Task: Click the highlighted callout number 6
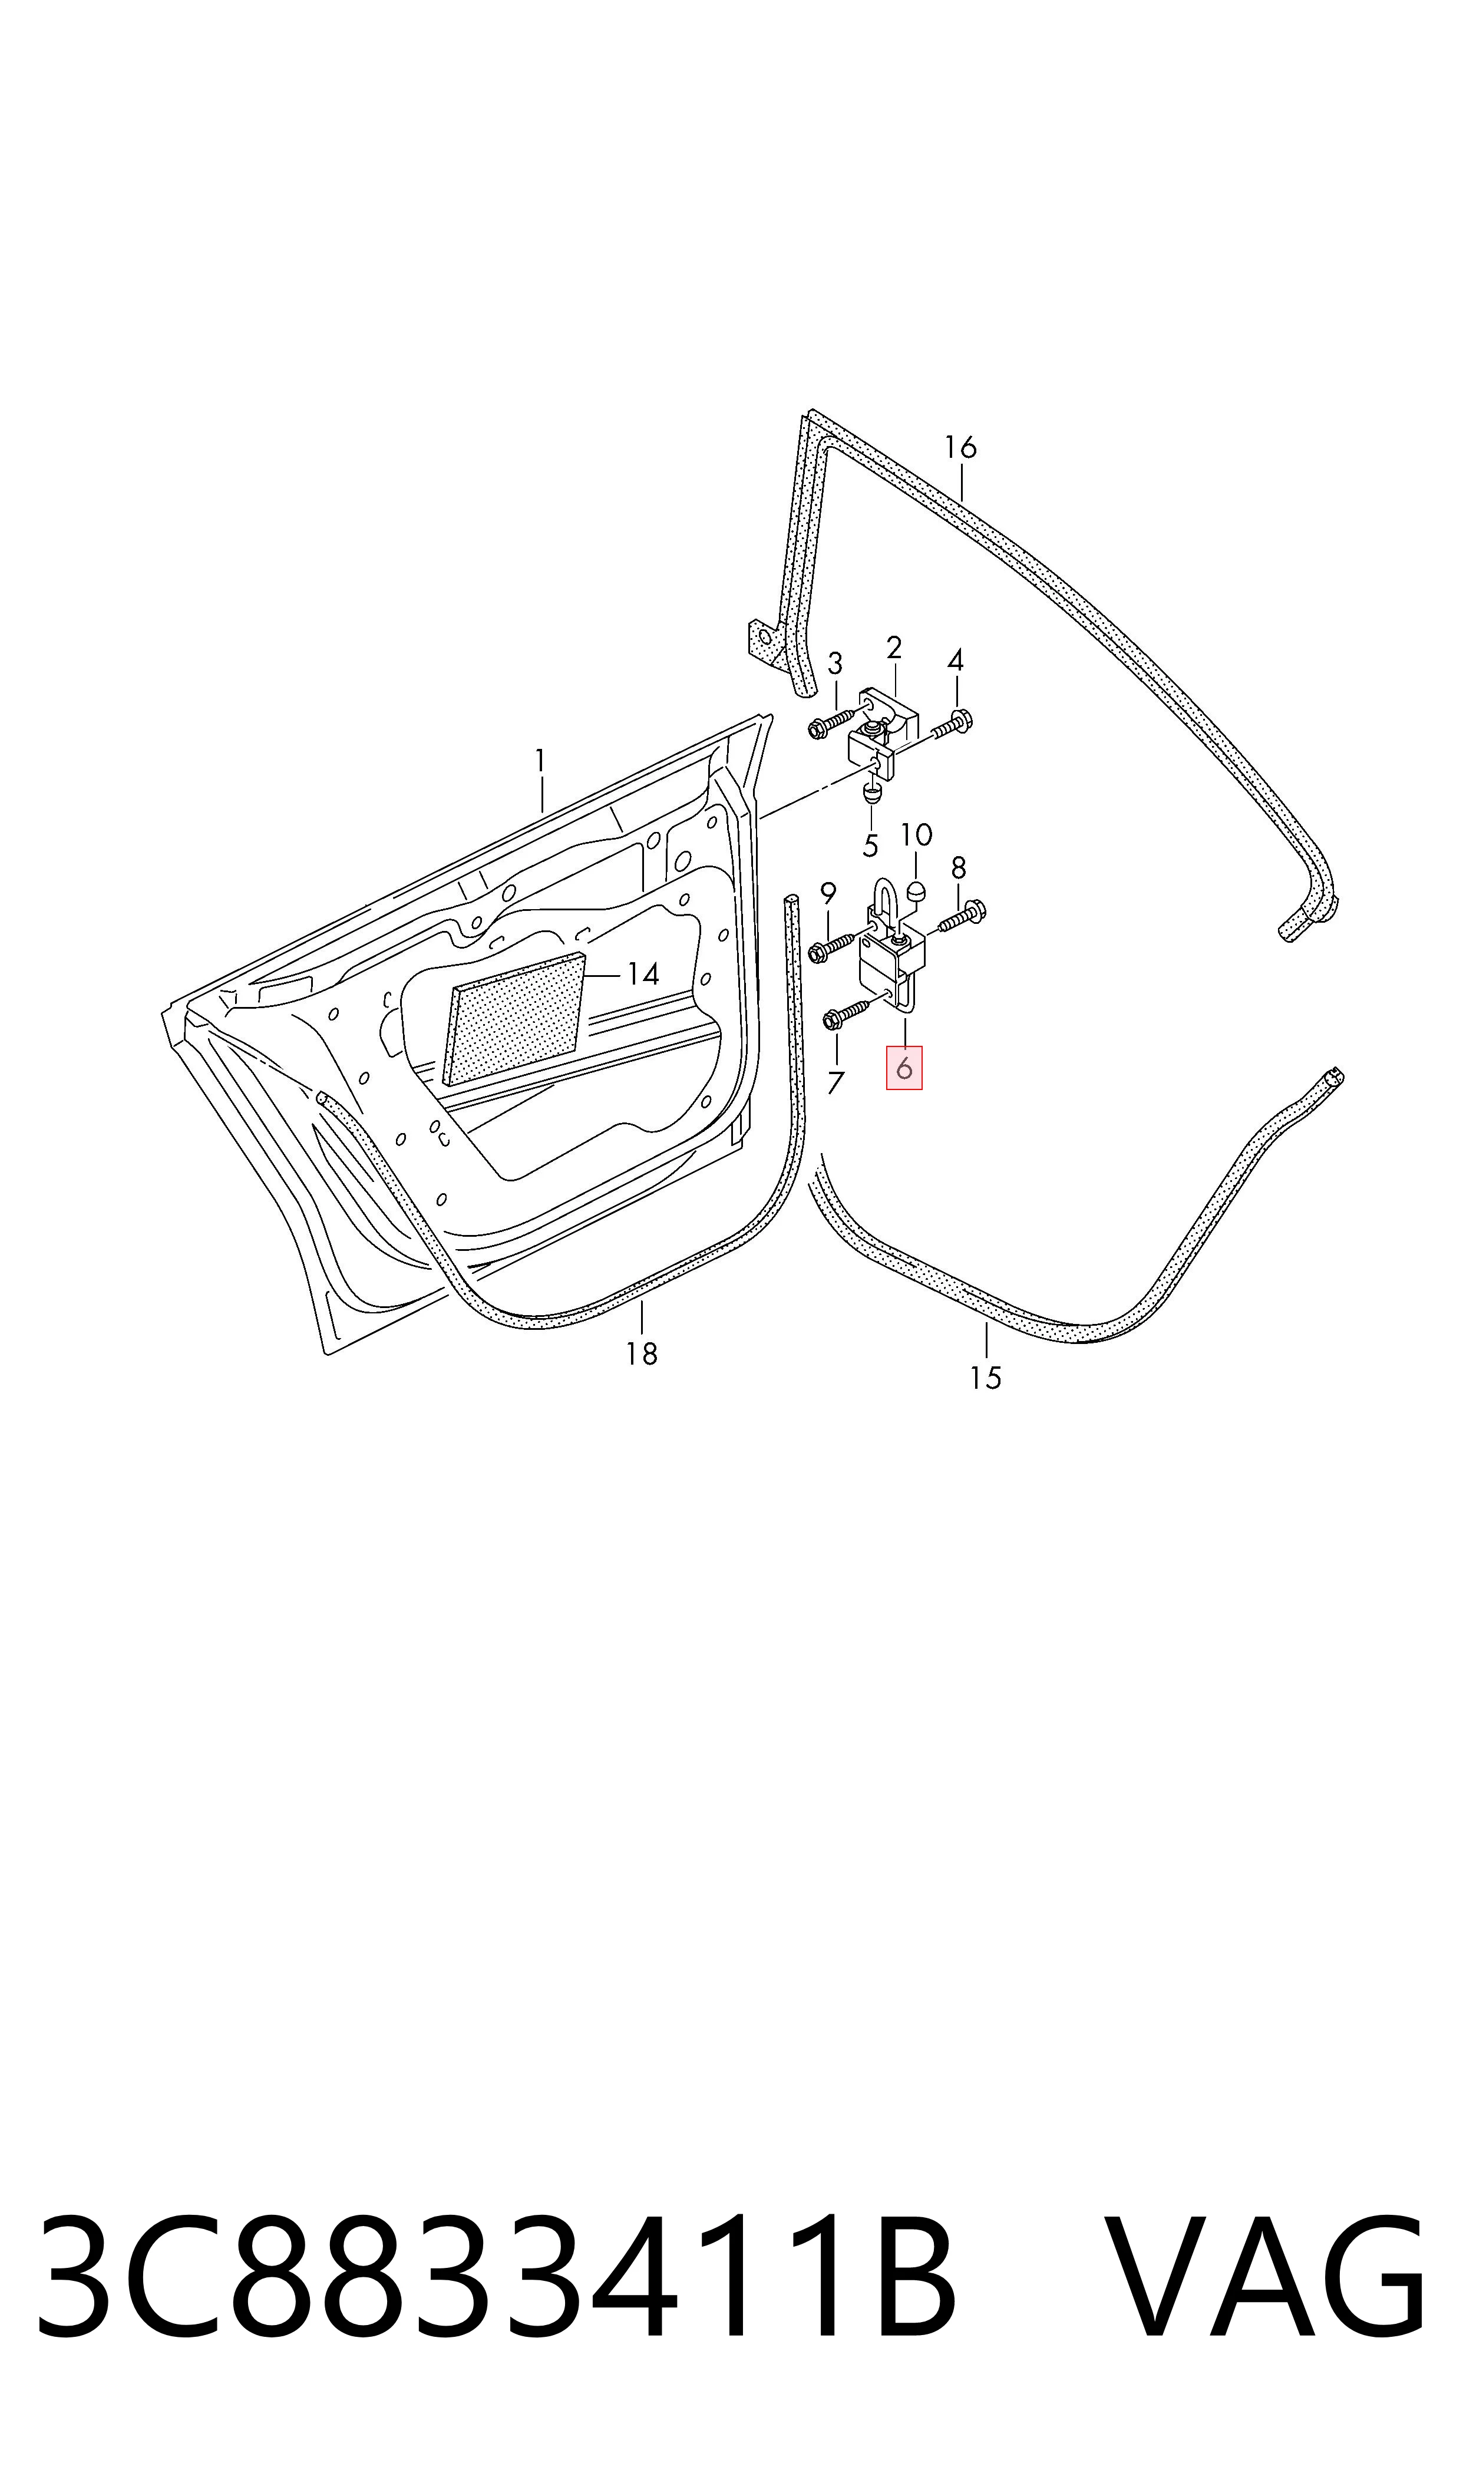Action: point(904,1068)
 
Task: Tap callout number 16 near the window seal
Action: point(960,447)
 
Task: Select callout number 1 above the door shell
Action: point(540,761)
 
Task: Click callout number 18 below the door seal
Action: point(642,1355)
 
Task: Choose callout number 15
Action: point(986,1378)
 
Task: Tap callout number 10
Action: point(916,835)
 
